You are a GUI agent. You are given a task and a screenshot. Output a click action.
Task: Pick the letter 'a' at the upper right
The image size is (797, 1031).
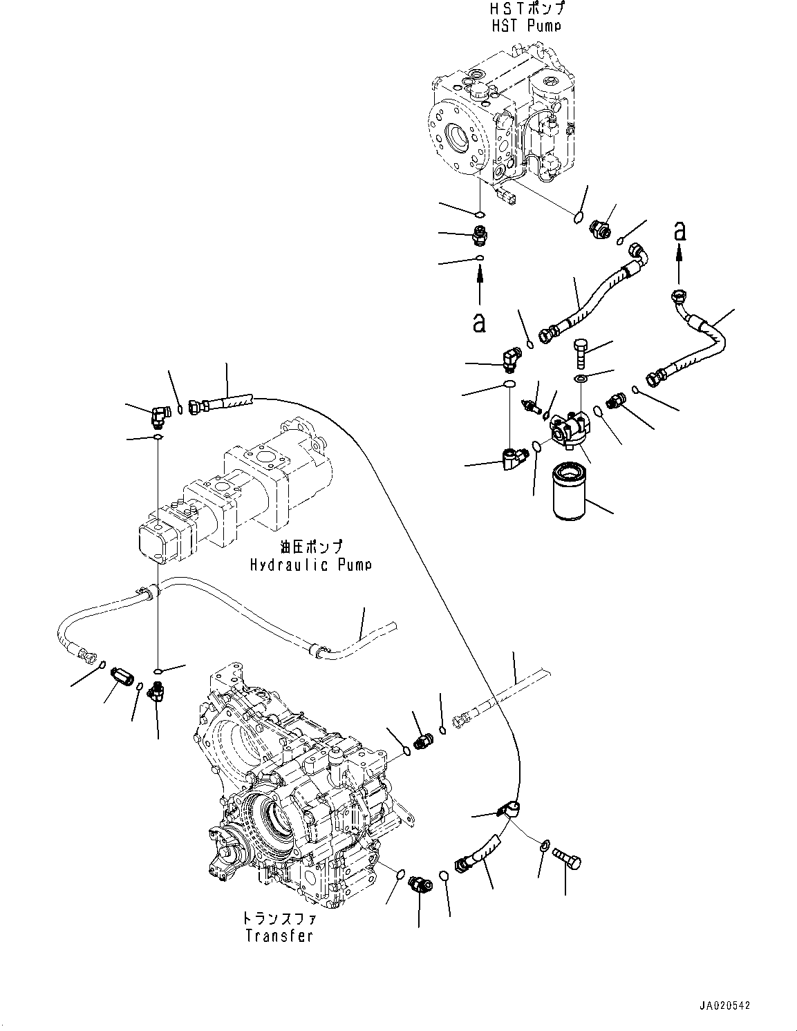pyautogui.click(x=680, y=231)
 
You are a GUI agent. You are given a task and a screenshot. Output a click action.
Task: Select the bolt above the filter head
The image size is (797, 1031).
pyautogui.click(x=581, y=354)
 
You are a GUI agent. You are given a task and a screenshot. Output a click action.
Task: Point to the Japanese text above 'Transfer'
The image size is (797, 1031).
pyautogui.click(x=278, y=919)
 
